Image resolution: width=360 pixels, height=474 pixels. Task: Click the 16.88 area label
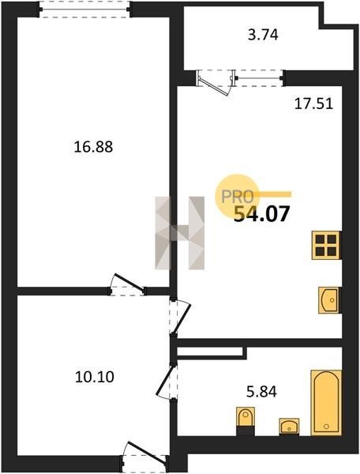(x=93, y=147)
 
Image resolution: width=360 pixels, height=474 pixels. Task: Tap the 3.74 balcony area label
(x=263, y=35)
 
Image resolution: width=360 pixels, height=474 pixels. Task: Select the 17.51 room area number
(x=313, y=103)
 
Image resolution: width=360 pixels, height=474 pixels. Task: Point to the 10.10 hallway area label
(x=94, y=377)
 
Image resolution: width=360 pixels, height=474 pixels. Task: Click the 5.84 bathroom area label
(x=261, y=392)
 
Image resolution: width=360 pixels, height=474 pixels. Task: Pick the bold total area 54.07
(x=262, y=214)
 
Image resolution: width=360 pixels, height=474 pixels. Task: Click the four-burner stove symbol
(x=325, y=245)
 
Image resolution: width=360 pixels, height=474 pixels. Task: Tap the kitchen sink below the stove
(x=328, y=300)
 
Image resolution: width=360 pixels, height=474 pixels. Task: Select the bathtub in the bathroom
(x=326, y=403)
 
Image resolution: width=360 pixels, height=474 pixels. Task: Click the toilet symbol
(x=246, y=421)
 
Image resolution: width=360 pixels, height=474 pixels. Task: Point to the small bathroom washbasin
(x=289, y=427)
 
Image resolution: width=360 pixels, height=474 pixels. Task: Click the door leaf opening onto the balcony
(x=213, y=86)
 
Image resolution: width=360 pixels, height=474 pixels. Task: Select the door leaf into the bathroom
(x=165, y=381)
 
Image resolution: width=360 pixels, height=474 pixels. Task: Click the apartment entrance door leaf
(x=147, y=452)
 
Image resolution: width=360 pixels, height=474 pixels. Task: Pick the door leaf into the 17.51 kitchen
(x=182, y=319)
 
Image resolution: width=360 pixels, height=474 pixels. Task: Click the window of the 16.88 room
(x=84, y=9)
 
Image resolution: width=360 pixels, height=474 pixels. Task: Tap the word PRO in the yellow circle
(x=238, y=197)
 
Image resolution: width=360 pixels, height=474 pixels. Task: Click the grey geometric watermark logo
(x=180, y=233)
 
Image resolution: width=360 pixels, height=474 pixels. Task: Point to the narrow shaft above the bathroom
(x=210, y=352)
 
